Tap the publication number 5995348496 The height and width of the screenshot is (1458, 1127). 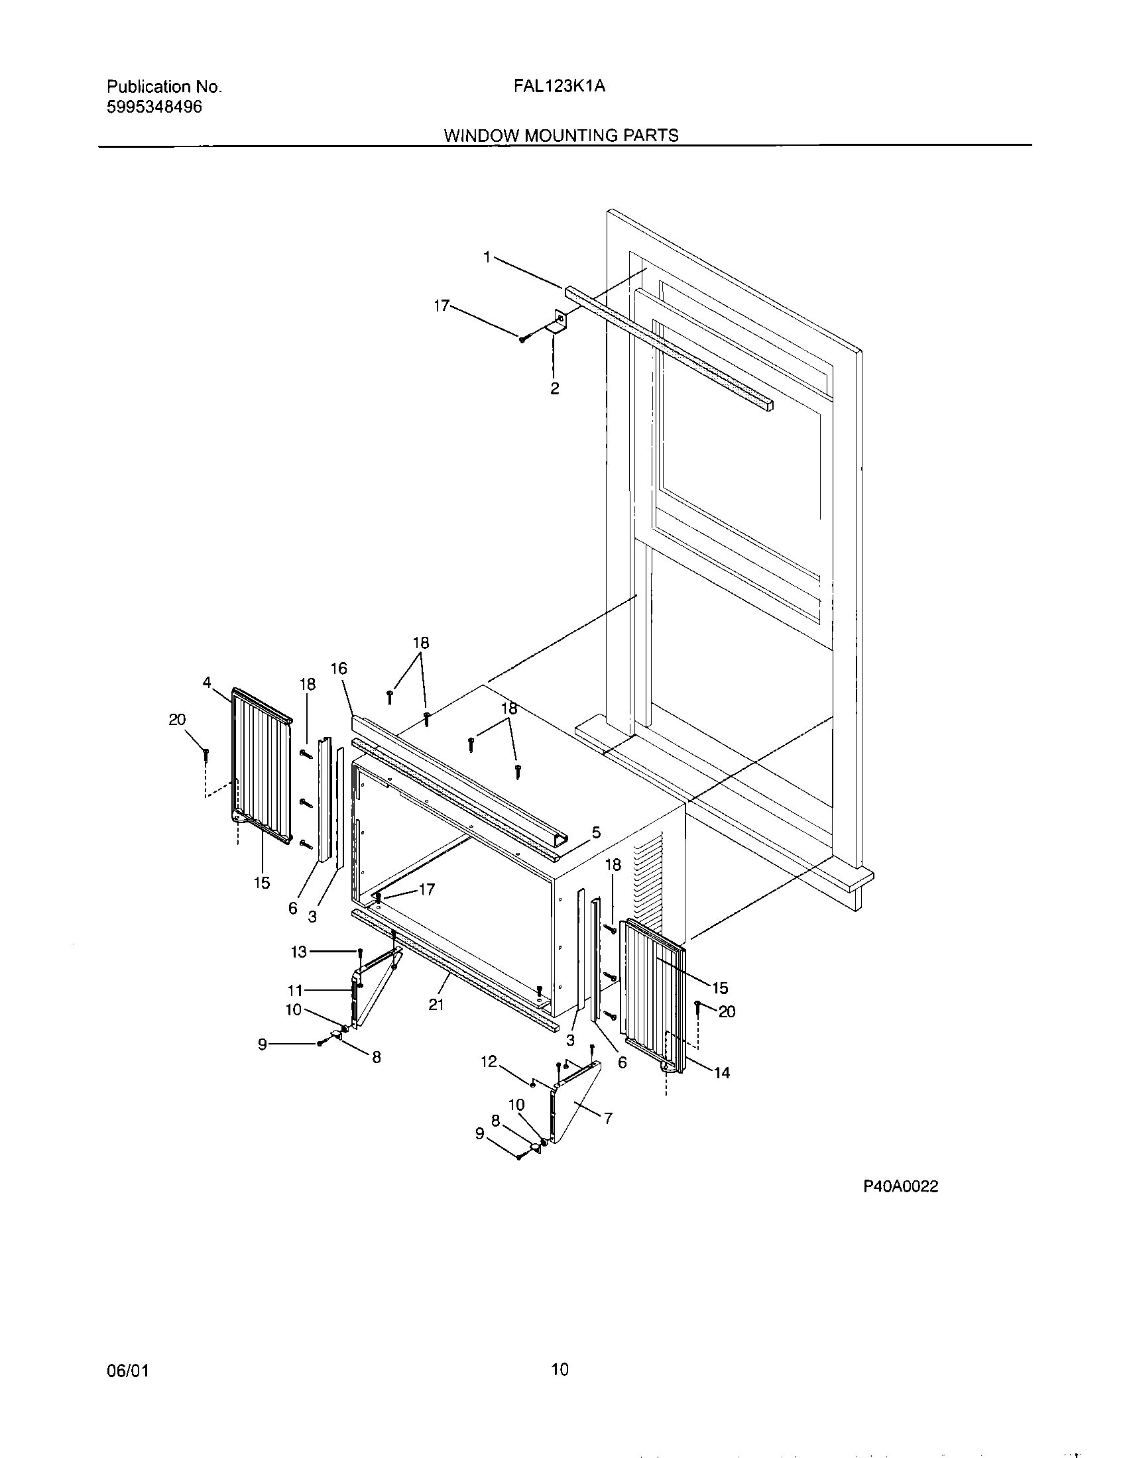click(x=154, y=107)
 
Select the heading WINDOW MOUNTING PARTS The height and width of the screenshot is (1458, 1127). click(x=561, y=135)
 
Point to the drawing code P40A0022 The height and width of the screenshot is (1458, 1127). click(x=901, y=1186)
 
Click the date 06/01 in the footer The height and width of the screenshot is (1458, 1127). click(x=127, y=1371)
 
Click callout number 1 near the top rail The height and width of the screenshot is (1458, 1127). click(x=487, y=257)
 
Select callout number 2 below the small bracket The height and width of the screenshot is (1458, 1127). click(x=555, y=388)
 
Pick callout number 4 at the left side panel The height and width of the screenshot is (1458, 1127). click(x=208, y=682)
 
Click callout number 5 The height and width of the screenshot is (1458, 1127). click(x=596, y=832)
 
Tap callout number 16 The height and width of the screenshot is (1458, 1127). click(x=339, y=668)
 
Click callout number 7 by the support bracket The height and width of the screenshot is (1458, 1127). click(x=608, y=1118)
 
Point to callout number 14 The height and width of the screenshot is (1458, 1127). click(x=722, y=1073)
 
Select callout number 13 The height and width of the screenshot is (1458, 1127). click(x=298, y=951)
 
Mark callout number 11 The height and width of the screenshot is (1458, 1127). click(x=295, y=990)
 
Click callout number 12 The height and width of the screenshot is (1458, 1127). click(x=489, y=1061)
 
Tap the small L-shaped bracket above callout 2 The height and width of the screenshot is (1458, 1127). click(x=558, y=322)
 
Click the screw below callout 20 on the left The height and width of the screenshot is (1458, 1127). click(x=207, y=756)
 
